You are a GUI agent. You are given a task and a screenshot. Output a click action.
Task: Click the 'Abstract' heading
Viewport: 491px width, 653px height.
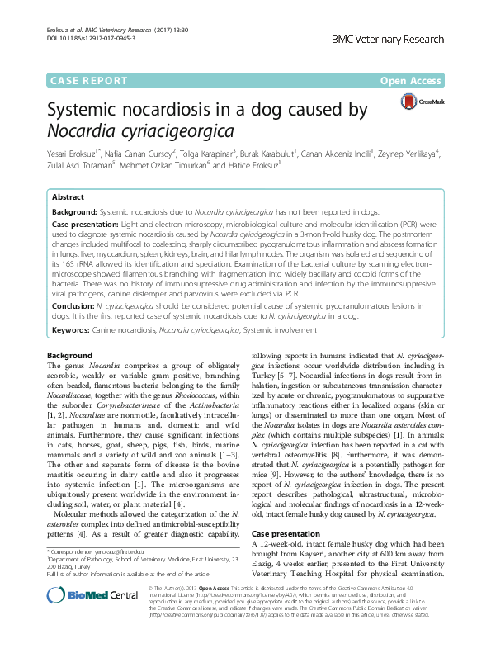point(68,197)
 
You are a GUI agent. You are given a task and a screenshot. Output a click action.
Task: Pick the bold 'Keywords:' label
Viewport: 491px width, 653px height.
point(72,329)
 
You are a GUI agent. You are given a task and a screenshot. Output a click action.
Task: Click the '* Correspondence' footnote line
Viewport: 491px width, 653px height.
point(91,551)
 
